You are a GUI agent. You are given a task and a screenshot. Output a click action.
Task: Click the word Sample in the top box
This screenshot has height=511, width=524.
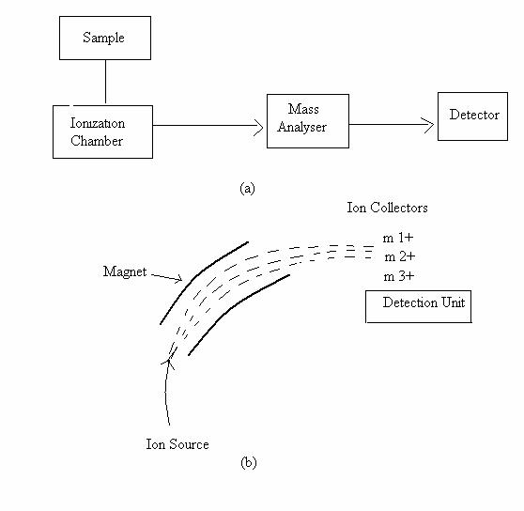click(x=103, y=38)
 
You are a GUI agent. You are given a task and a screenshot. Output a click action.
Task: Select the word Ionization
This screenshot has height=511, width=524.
click(x=98, y=123)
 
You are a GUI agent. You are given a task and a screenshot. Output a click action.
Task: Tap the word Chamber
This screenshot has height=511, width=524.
click(x=97, y=141)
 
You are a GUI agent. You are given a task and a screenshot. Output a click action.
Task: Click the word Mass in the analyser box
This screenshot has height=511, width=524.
click(x=303, y=109)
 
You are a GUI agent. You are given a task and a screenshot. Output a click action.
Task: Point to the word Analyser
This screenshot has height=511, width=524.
click(x=301, y=128)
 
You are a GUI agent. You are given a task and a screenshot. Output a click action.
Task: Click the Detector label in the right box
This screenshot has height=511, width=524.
click(x=474, y=115)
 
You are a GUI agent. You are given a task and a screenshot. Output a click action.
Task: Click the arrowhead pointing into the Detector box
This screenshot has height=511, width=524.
click(x=428, y=125)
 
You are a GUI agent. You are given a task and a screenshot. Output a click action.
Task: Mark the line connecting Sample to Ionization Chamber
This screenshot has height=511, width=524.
click(x=105, y=82)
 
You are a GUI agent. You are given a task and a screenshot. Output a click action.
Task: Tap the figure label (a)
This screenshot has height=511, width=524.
click(x=247, y=188)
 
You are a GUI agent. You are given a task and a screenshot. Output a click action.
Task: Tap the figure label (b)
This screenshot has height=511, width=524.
click(x=248, y=463)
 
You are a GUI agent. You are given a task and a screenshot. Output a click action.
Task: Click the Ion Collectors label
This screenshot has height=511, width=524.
click(x=387, y=208)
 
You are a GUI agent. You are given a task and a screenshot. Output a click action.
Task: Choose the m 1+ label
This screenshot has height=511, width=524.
click(x=398, y=238)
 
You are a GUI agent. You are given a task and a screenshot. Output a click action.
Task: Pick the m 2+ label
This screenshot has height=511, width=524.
click(x=400, y=256)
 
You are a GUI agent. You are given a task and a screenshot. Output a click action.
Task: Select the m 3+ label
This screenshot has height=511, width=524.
click(x=399, y=276)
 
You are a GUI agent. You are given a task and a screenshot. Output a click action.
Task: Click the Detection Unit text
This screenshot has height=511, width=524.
click(x=424, y=302)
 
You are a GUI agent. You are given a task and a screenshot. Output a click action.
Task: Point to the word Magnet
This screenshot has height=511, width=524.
click(x=125, y=271)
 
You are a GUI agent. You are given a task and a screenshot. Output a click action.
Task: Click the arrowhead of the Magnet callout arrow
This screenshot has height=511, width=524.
click(x=178, y=278)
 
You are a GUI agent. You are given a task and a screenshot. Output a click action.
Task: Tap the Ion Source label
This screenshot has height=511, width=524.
click(x=177, y=444)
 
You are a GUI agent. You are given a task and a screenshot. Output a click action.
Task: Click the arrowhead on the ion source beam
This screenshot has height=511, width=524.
click(x=169, y=363)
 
